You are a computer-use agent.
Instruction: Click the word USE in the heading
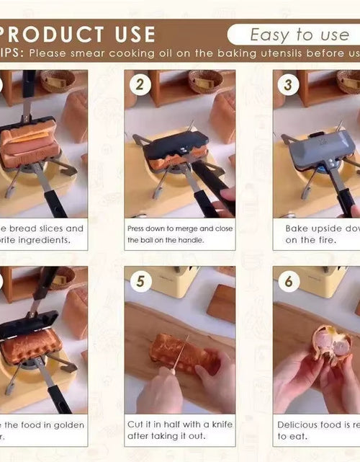point(132,34)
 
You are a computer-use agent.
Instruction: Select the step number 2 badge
point(140,85)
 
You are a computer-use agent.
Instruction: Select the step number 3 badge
point(289,85)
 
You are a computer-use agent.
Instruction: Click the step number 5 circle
point(140,281)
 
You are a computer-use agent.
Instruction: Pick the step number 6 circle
point(289,281)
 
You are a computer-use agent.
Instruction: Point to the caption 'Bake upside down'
point(320,228)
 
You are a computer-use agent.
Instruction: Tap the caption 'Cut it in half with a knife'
point(180,425)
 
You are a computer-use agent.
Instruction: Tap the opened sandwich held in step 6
point(332,344)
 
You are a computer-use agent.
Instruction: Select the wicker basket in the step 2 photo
point(206,80)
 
